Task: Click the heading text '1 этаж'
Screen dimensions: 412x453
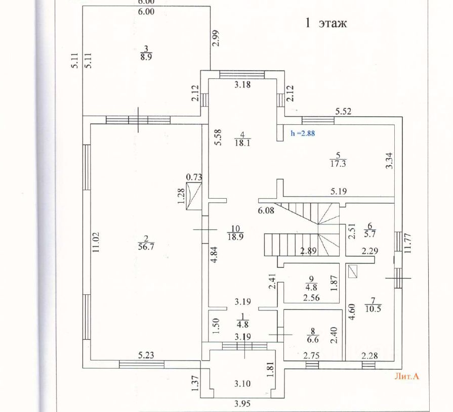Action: pyautogui.click(x=325, y=23)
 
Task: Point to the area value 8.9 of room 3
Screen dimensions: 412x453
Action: pyautogui.click(x=147, y=57)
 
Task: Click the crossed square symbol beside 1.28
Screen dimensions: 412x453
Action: pyautogui.click(x=193, y=196)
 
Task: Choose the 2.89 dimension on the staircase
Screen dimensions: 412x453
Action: pyautogui.click(x=308, y=251)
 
